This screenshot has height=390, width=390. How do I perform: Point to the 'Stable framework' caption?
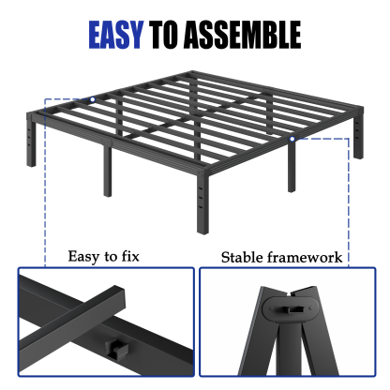point(281,257)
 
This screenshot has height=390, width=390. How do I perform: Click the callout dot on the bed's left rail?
point(93,99)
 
